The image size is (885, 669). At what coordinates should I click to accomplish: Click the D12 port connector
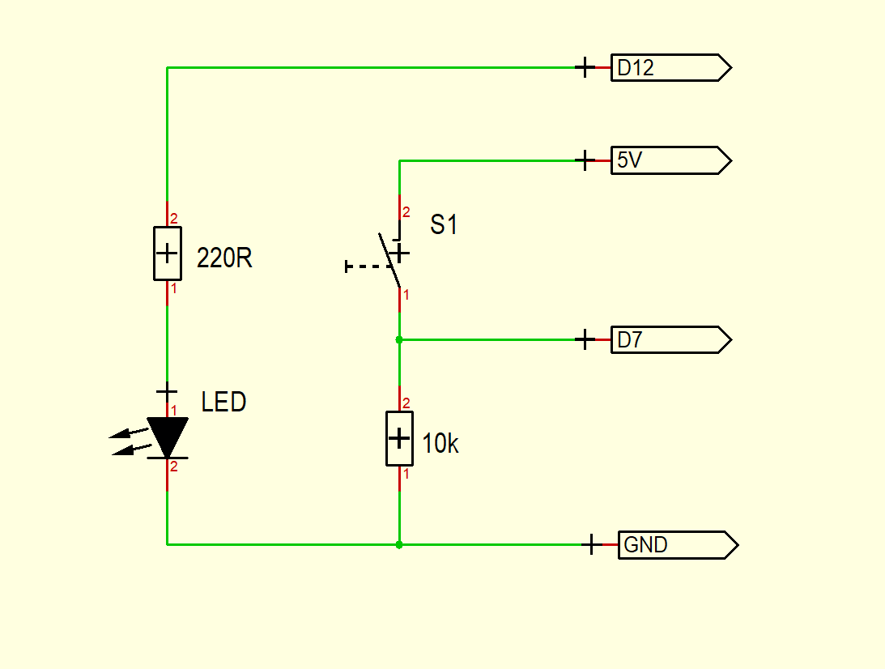pos(670,68)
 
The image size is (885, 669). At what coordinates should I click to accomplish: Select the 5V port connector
pos(670,160)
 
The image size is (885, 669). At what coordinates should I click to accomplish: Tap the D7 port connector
pos(670,340)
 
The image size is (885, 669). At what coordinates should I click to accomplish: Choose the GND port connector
pos(677,545)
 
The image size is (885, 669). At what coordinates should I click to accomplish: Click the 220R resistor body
pos(167,254)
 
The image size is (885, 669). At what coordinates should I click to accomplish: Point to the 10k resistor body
pos(399,438)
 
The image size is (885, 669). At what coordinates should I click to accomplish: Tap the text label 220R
pos(224,258)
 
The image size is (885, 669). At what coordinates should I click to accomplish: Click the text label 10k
pos(440,444)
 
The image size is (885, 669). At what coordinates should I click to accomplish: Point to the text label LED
pos(223,402)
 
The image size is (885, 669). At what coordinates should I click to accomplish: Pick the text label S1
pos(444,224)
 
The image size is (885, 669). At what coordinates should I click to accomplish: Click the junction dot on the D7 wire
pos(399,340)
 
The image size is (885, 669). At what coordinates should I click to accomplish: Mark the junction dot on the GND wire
pos(399,545)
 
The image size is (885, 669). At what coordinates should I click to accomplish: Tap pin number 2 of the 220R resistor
pos(173,219)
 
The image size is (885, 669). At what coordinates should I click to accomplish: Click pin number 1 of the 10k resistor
pos(406,474)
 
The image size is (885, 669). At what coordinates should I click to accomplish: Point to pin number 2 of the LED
pos(173,466)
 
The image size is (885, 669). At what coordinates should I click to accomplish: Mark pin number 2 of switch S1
pos(406,212)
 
